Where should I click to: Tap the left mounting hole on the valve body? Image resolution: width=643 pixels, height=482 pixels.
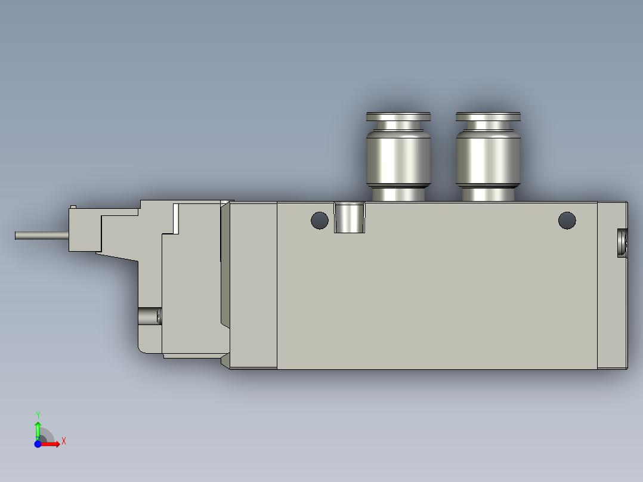320,221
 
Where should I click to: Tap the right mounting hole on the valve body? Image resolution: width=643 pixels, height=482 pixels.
567,221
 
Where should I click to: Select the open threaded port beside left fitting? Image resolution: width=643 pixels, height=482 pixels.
349,217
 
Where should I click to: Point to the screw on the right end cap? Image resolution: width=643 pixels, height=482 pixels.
622,243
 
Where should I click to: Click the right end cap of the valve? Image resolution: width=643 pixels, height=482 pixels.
612,285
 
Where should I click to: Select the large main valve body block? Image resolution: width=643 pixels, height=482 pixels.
437,292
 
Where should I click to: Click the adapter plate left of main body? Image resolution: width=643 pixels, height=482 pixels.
254,285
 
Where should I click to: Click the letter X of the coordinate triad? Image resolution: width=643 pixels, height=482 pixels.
64,441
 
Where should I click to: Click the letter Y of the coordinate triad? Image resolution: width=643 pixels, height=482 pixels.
38,414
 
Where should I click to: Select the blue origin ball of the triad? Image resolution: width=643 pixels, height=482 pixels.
37,444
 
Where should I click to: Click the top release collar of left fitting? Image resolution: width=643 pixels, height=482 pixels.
398,116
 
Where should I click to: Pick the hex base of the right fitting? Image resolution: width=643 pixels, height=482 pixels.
488,194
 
